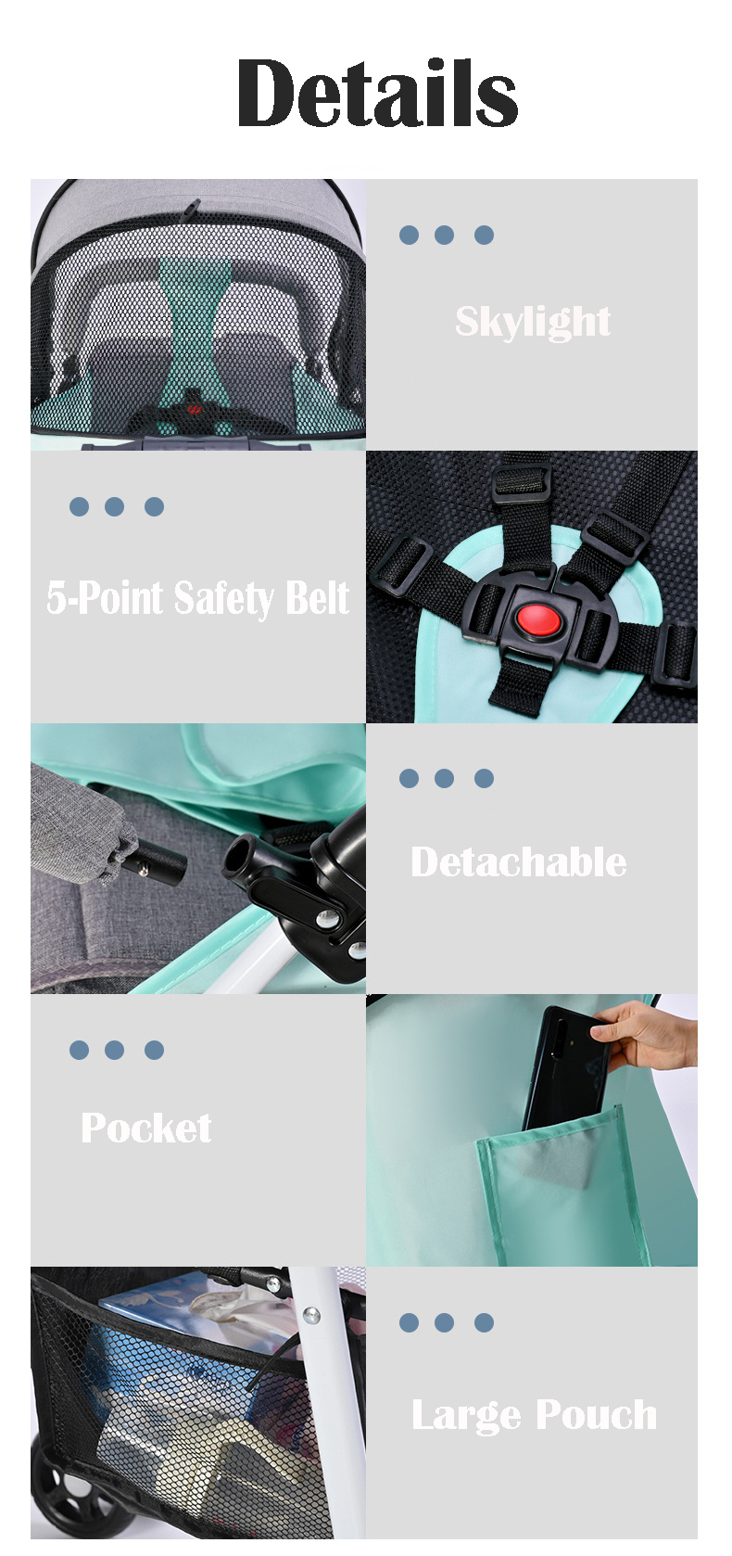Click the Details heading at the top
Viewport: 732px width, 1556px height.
pos(377,93)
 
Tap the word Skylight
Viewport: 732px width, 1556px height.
pos(532,322)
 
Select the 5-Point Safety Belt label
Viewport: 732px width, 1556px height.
pos(197,598)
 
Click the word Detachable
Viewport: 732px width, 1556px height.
pos(518,862)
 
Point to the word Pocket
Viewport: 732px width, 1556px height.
pos(145,1129)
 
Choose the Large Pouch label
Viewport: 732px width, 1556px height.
pos(534,1415)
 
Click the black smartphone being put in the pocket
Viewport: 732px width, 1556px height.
pos(564,1066)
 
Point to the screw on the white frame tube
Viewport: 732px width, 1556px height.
pos(312,1315)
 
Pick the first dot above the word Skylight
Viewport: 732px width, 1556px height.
pos(409,236)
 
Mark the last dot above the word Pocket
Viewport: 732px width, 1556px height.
pos(155,1050)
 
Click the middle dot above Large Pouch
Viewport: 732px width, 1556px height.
pos(445,1322)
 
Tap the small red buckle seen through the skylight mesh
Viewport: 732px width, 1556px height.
pos(195,409)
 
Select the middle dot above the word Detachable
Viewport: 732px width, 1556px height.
pos(445,778)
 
